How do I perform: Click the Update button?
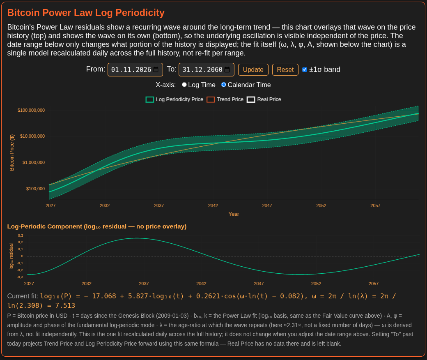[x=253, y=70]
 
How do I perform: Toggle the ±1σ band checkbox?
[x=305, y=70]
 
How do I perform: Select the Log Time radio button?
[x=184, y=85]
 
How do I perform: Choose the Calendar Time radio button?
[x=224, y=85]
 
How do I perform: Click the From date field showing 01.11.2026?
[x=135, y=70]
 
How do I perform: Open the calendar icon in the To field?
[x=227, y=70]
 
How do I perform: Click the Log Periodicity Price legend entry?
[x=174, y=99]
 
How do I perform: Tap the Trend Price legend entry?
[x=225, y=99]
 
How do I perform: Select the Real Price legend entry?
[x=264, y=99]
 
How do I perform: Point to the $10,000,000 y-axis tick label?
[x=32, y=136]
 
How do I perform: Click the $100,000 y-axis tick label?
[x=35, y=189]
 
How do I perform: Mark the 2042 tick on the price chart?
[x=213, y=205]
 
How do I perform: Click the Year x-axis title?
[x=234, y=214]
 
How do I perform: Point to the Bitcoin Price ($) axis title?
[x=12, y=152]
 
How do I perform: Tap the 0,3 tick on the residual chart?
[x=21, y=235]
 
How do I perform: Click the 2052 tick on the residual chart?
[x=316, y=284]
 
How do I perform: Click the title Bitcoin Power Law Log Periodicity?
[x=86, y=13]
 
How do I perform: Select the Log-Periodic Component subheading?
[x=96, y=226]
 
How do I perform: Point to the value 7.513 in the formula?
[x=65, y=305]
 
